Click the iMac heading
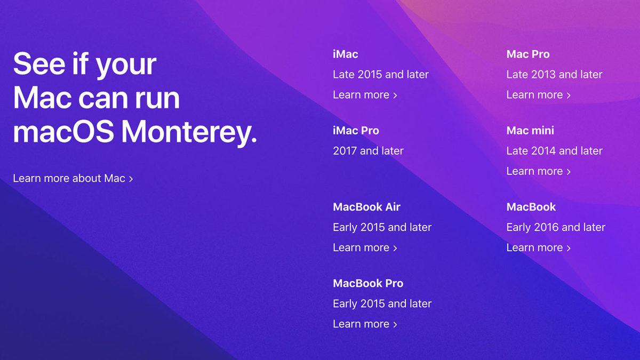tap(345, 54)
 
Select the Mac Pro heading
tap(527, 54)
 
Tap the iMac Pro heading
tap(356, 131)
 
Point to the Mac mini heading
tap(530, 131)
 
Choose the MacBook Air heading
tap(366, 207)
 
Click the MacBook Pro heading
tap(368, 283)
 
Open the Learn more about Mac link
tap(73, 178)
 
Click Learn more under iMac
tap(365, 95)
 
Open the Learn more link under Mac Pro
tap(538, 95)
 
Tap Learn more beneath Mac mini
tap(538, 171)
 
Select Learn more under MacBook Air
tap(365, 247)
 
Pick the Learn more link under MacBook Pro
tap(365, 324)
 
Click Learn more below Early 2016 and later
tap(538, 247)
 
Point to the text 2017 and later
tap(368, 151)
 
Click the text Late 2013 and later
tap(554, 75)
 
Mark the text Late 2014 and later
tap(554, 151)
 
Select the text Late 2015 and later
tap(380, 75)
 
